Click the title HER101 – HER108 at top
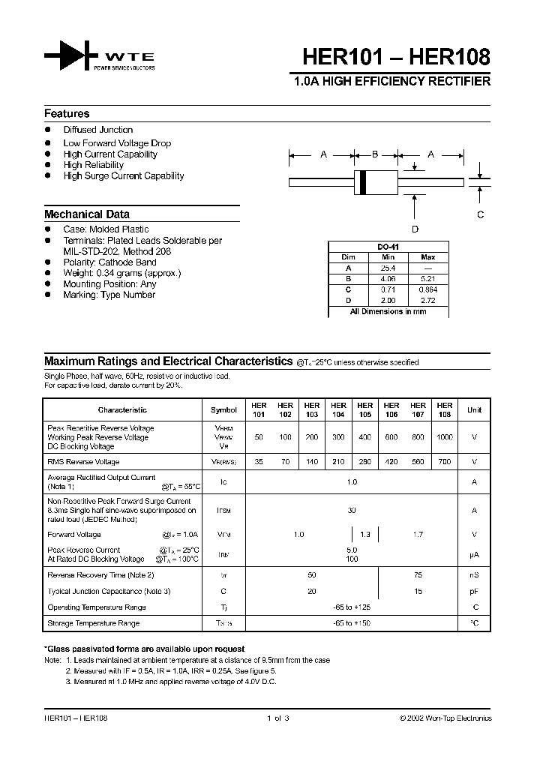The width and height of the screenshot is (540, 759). (x=397, y=57)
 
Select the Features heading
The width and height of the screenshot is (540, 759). (x=67, y=114)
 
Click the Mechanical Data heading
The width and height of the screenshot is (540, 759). (x=87, y=214)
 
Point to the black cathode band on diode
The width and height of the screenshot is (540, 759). (x=364, y=181)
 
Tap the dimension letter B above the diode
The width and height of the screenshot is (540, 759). (x=375, y=154)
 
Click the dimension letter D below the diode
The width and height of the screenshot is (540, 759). (x=415, y=229)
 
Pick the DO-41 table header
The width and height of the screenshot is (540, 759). (x=388, y=247)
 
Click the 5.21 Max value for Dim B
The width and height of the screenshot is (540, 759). (x=428, y=278)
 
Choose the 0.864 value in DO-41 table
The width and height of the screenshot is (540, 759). (x=428, y=289)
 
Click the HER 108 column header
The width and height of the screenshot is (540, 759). (x=445, y=409)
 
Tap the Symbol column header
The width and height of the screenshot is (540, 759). (x=223, y=410)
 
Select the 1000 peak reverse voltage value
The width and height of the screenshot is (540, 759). (x=445, y=436)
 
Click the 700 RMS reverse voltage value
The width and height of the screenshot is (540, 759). (x=445, y=462)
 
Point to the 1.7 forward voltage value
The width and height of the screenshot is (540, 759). (x=418, y=535)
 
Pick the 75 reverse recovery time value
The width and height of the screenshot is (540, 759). (x=418, y=575)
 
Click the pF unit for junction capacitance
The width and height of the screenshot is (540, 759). (x=474, y=591)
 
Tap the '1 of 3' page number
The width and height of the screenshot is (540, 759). (x=277, y=718)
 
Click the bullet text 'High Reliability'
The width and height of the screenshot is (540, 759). (x=94, y=165)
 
